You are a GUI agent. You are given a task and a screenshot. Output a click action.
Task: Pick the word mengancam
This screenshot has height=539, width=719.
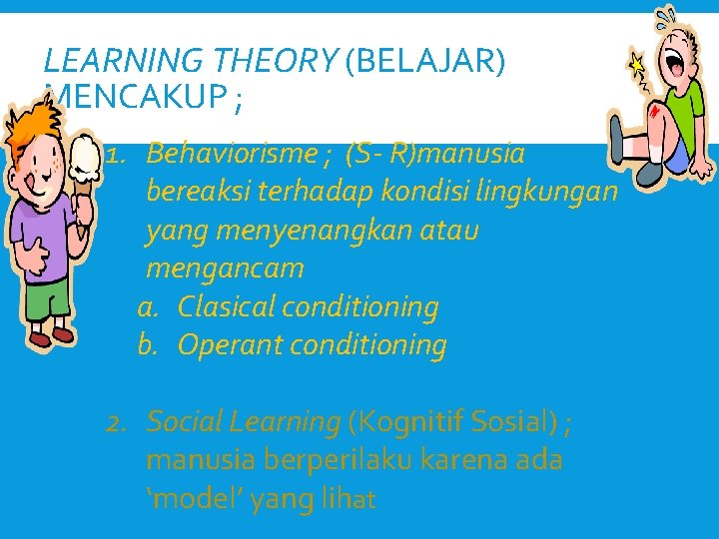pyautogui.click(x=225, y=269)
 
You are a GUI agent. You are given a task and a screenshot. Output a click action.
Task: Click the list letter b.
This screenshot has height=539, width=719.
pyautogui.click(x=148, y=345)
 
